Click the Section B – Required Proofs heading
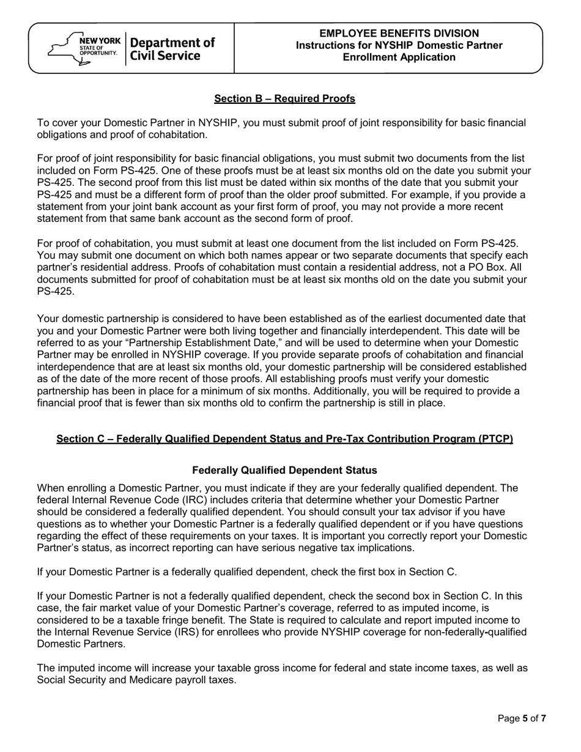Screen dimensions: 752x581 pos(284,98)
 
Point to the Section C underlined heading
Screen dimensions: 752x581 pos(284,439)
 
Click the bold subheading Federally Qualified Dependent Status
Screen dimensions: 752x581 pos(284,470)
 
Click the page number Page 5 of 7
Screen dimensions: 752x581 pos(522,718)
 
